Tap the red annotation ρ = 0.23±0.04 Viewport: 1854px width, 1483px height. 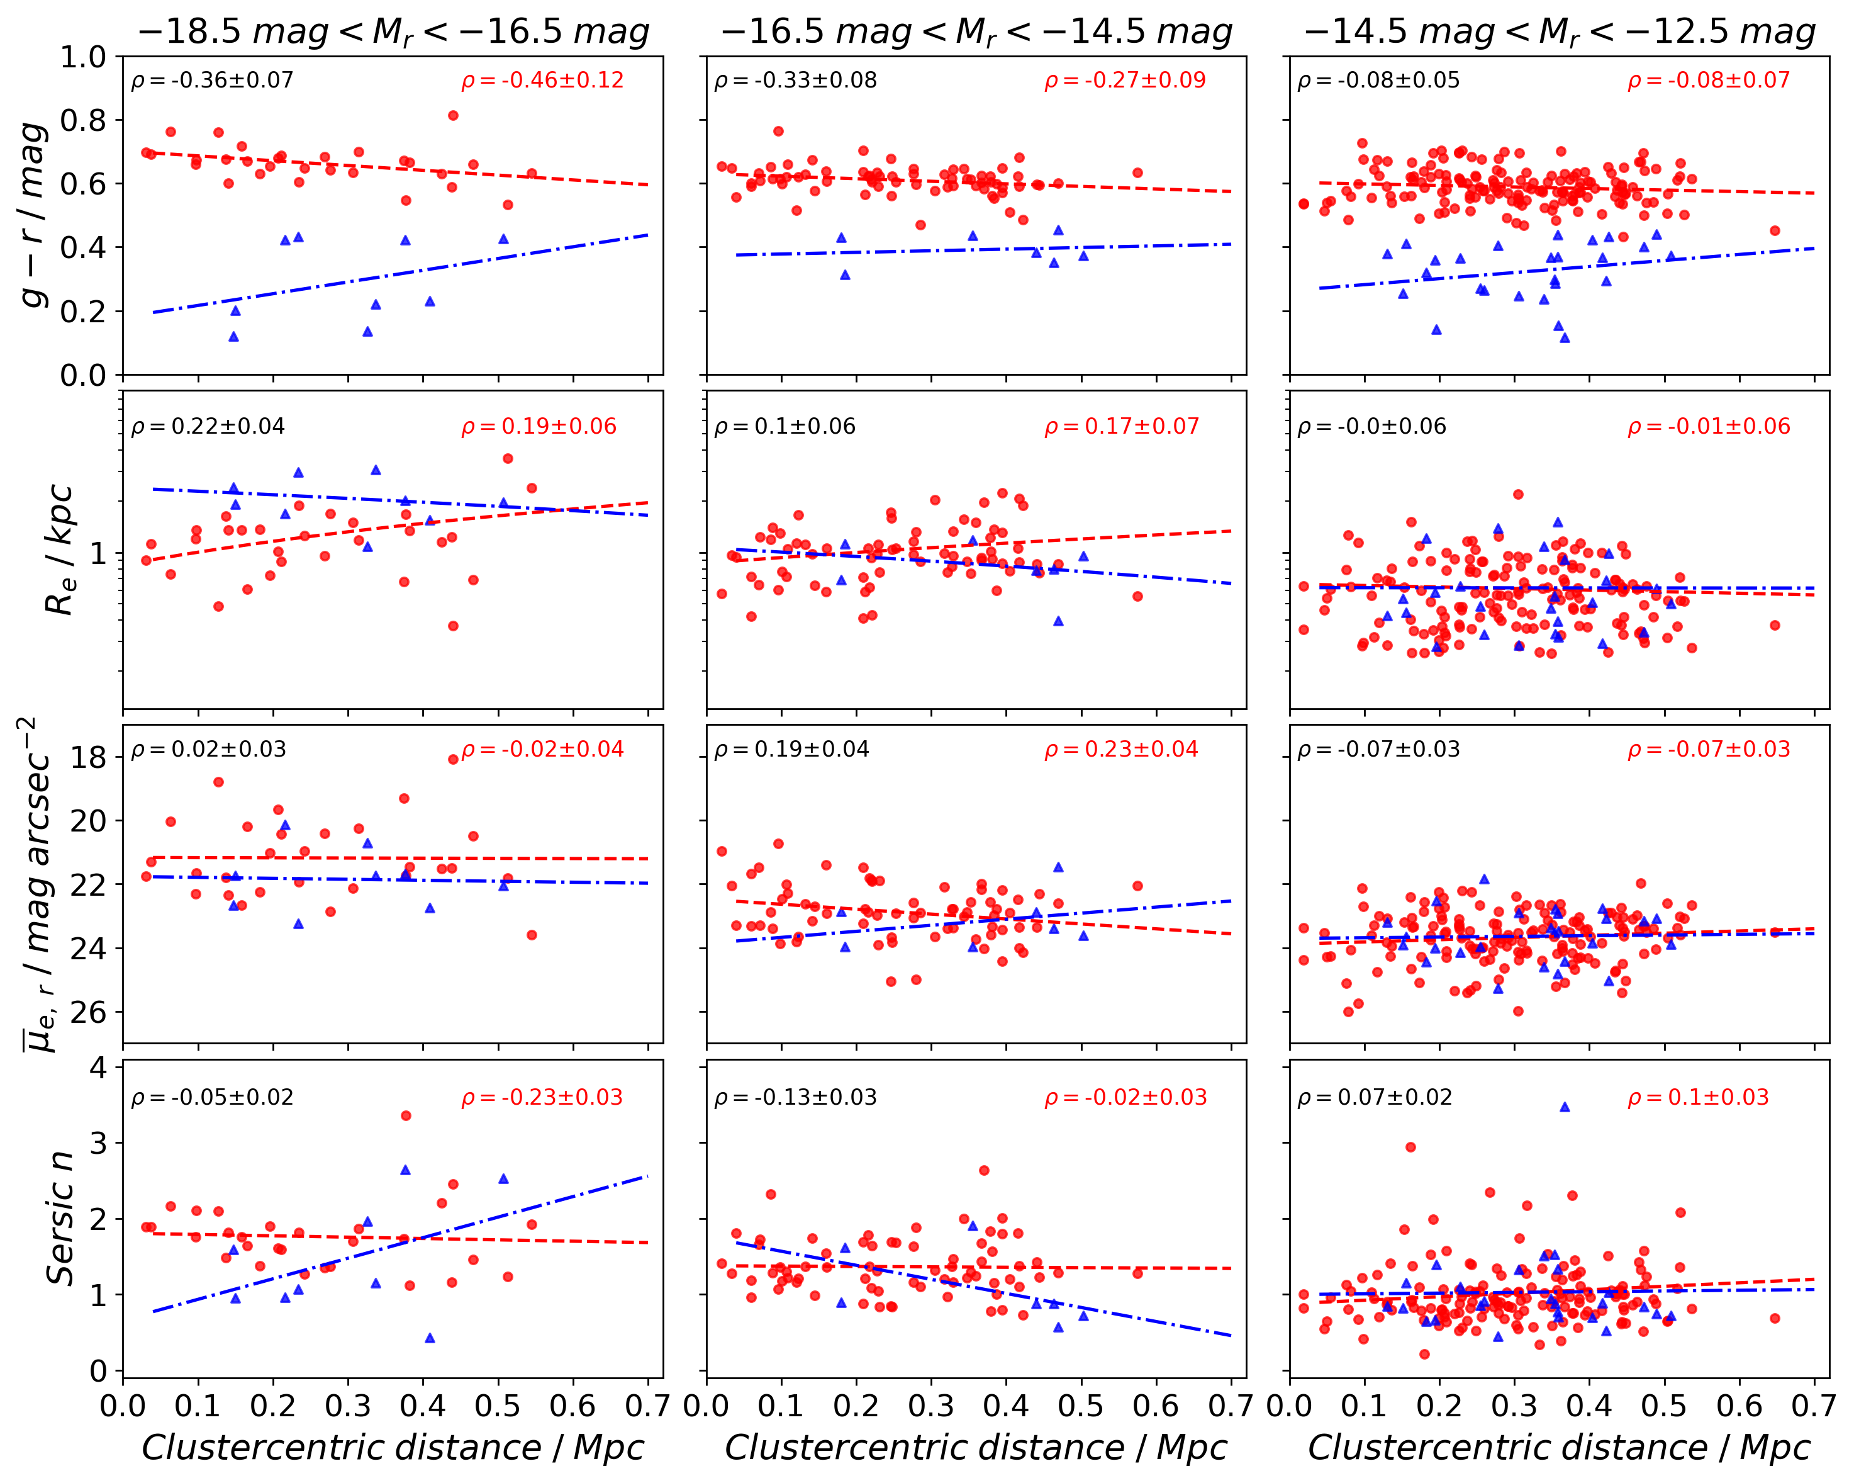(x=1121, y=749)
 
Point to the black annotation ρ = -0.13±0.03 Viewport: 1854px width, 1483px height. (x=795, y=1098)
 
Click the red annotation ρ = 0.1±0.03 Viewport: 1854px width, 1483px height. (x=1699, y=1098)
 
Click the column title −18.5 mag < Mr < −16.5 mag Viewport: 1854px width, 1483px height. (x=393, y=32)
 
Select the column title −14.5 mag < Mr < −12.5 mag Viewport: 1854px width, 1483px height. (x=1559, y=32)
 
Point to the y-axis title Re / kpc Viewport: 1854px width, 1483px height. (x=59, y=551)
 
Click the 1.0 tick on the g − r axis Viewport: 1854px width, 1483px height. (x=84, y=58)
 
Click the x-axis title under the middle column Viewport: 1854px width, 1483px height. (x=976, y=1448)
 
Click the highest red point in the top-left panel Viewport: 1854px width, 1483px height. (x=453, y=115)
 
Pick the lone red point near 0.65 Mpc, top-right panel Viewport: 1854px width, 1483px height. (x=1775, y=230)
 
